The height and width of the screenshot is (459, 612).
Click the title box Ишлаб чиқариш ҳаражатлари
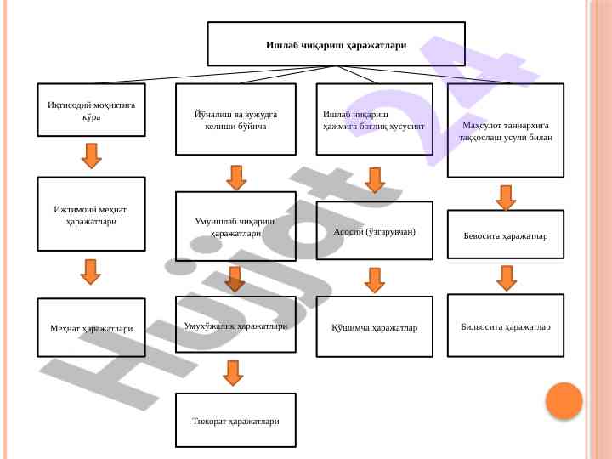pos(336,44)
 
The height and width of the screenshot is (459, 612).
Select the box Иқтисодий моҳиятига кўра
pos(91,110)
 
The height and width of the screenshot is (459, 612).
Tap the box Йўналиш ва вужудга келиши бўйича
pos(235,119)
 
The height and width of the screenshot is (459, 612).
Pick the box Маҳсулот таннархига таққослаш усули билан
pos(506,130)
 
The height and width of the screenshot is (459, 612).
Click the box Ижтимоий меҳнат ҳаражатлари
pos(91,214)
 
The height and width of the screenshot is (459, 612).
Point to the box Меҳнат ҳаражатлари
pos(91,327)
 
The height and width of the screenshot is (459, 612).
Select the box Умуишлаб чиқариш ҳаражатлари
pos(235,226)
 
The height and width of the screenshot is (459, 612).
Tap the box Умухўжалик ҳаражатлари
pos(235,325)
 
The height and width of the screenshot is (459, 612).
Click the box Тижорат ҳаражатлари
pos(235,420)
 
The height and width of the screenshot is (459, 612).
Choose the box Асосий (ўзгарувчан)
pos(374,231)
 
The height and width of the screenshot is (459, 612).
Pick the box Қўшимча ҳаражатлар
pos(374,327)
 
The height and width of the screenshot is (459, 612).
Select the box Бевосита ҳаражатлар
pos(506,234)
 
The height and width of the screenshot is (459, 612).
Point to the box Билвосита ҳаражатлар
pos(506,326)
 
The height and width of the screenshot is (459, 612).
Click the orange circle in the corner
pos(564,400)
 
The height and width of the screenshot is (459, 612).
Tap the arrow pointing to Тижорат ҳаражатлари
pos(234,372)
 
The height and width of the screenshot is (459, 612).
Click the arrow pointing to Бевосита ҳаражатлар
pos(506,197)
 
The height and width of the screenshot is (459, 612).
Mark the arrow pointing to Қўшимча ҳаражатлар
pos(375,280)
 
